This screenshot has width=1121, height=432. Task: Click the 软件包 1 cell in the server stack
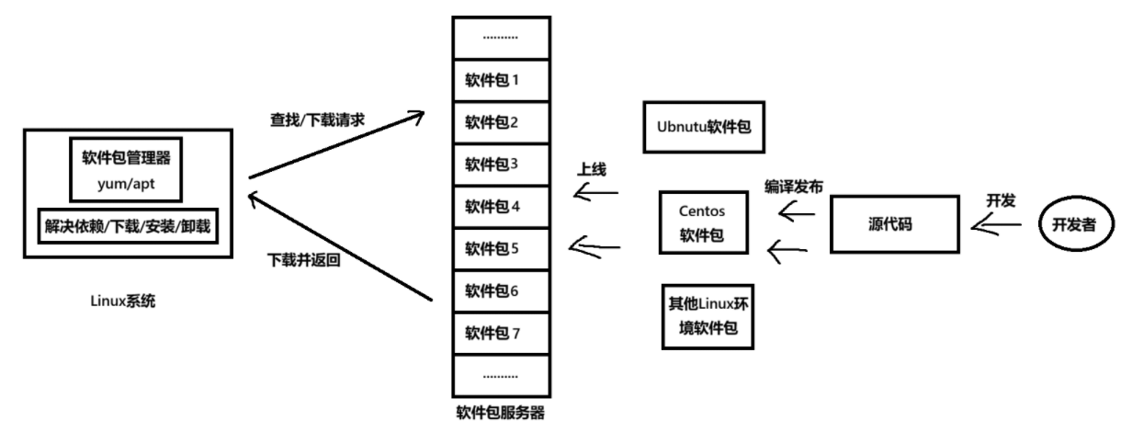pos(500,79)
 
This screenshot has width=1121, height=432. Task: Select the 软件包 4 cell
pos(500,206)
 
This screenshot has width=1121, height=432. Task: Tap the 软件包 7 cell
pos(500,333)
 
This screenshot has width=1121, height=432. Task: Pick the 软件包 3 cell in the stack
pos(500,164)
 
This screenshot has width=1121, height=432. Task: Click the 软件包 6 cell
pos(500,290)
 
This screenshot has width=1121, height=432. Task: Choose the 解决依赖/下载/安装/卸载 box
pos(128,225)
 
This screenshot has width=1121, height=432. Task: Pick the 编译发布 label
pos(794,186)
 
